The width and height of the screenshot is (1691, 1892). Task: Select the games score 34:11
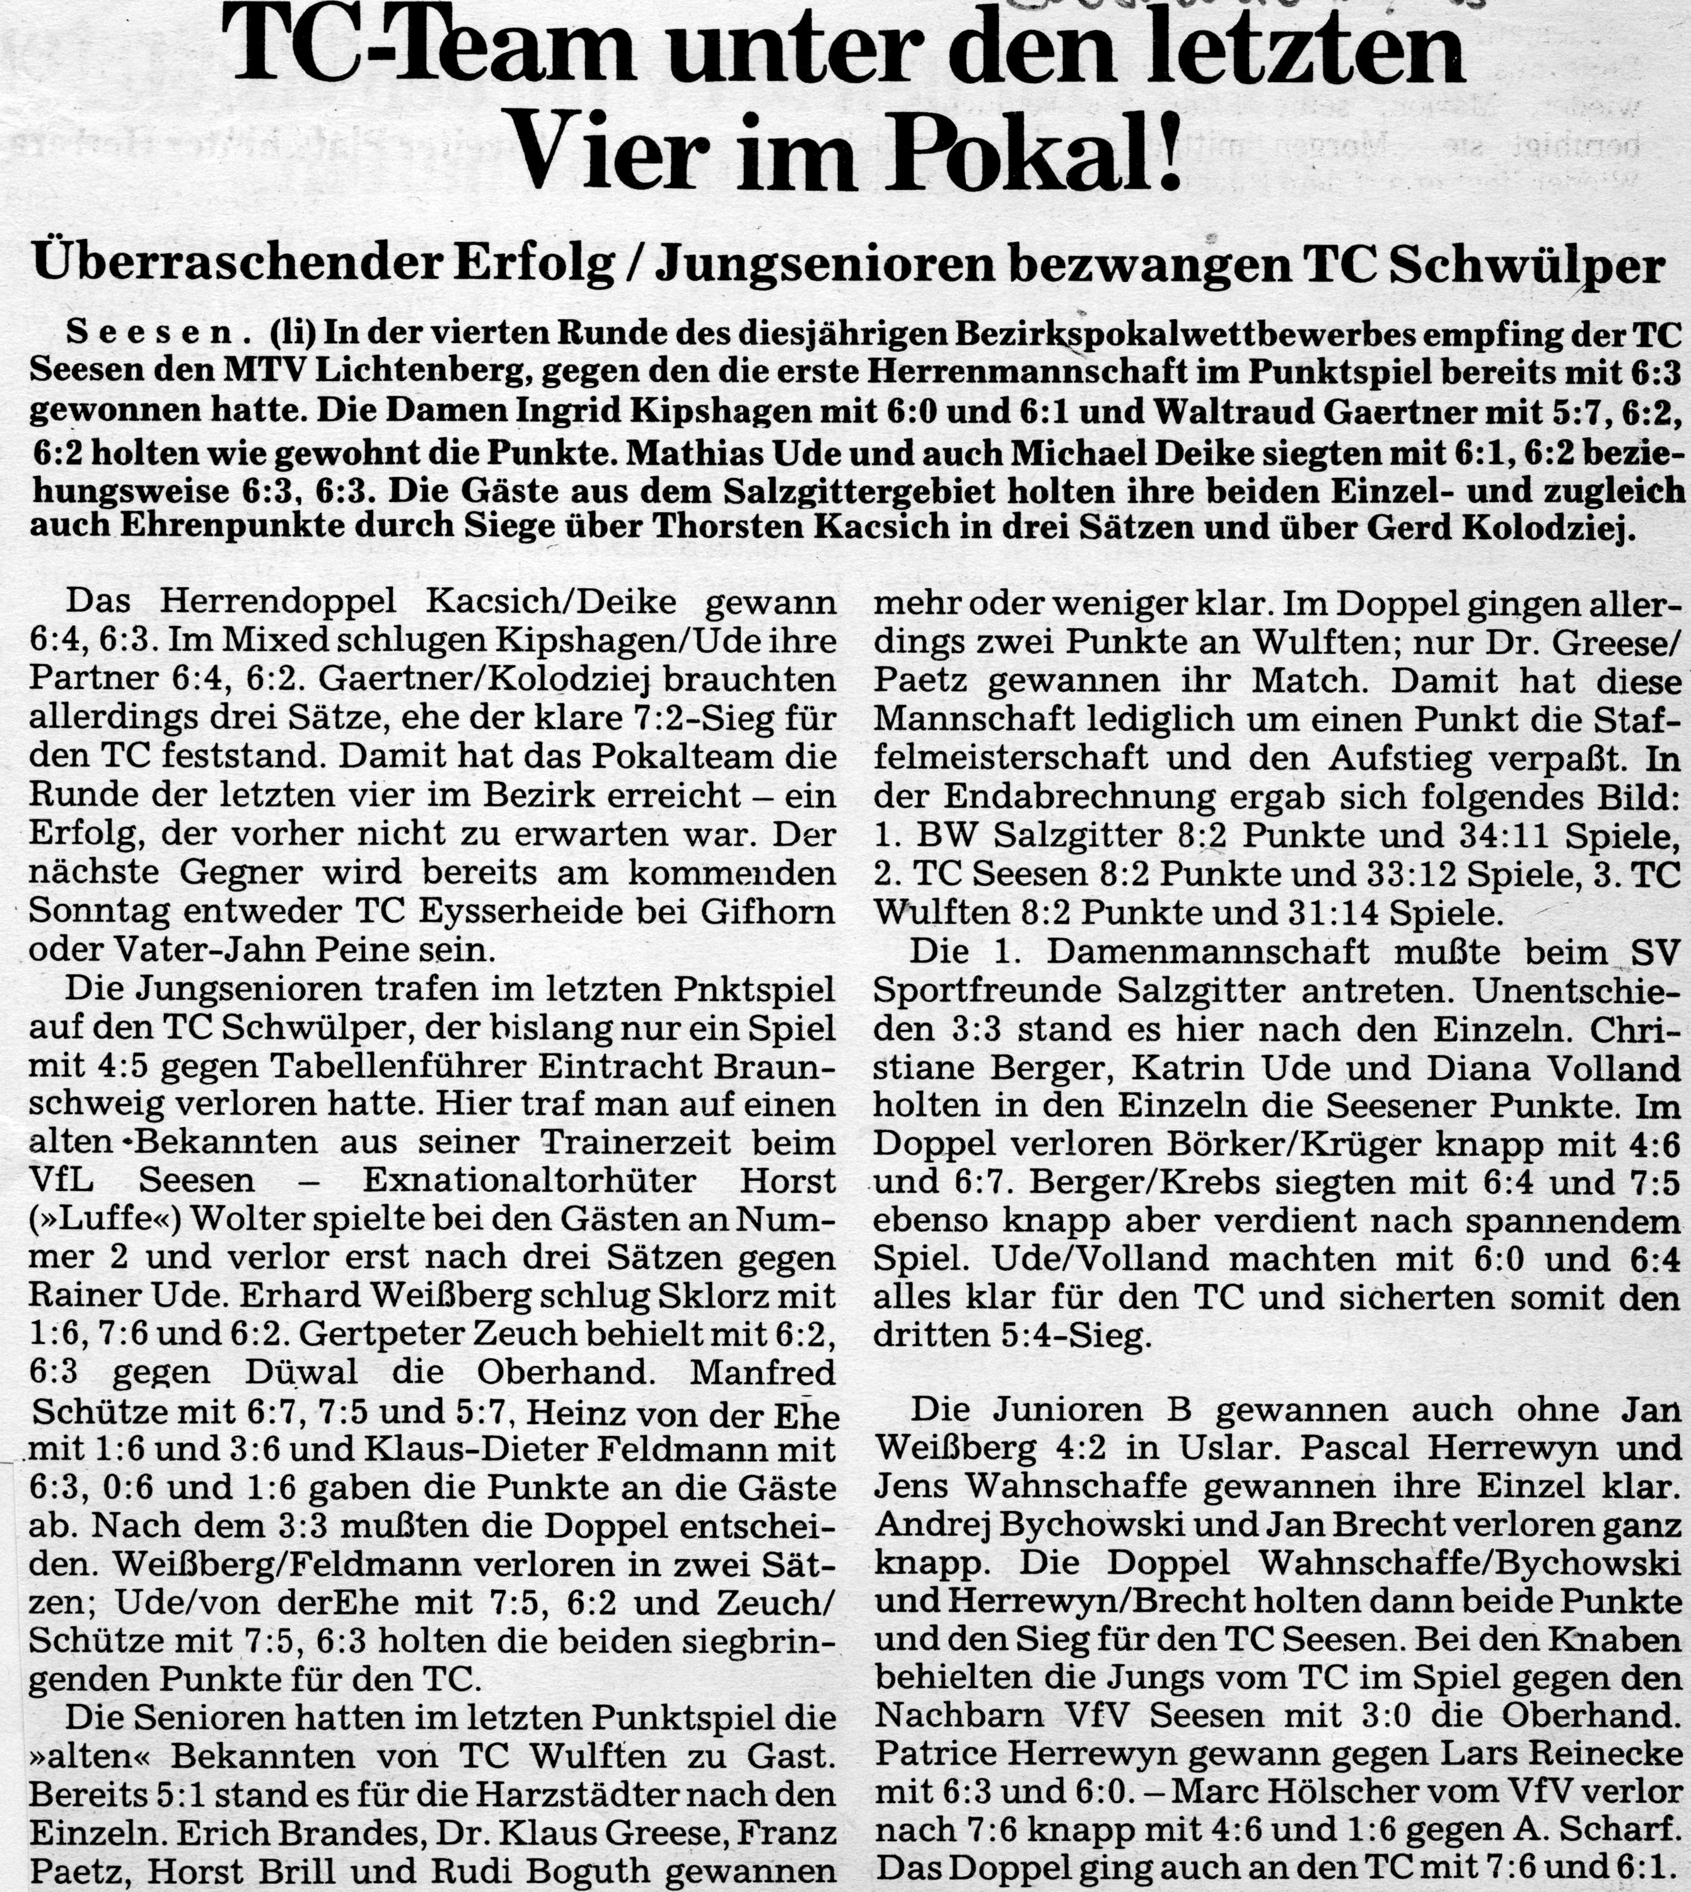(x=1501, y=836)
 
